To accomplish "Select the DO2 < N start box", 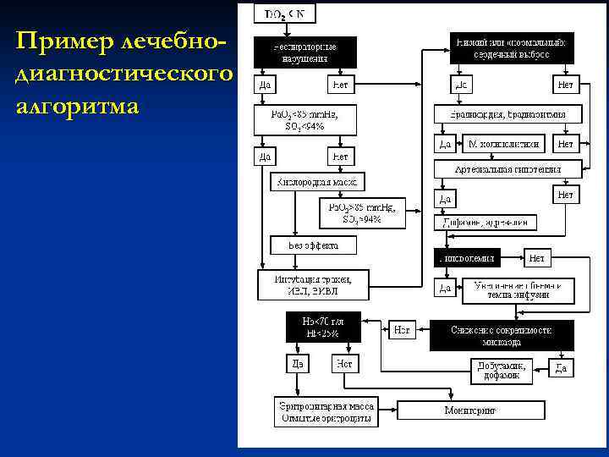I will (286, 14).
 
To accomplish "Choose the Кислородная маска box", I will (317, 182).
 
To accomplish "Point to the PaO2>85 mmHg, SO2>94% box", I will (362, 212).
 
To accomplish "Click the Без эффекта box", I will (313, 245).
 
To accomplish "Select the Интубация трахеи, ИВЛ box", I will (314, 284).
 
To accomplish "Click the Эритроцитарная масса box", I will (326, 412).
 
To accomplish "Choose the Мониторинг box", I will (469, 410).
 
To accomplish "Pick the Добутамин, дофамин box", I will (503, 371).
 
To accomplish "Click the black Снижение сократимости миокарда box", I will (502, 335).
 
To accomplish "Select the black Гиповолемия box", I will (467, 256).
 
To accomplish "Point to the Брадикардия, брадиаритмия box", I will (507, 113).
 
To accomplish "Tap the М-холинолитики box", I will (503, 144).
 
